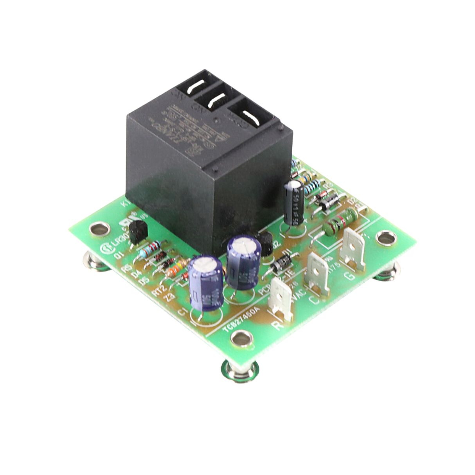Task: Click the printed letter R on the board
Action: pos(279,326)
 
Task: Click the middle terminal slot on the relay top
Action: pos(216,103)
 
